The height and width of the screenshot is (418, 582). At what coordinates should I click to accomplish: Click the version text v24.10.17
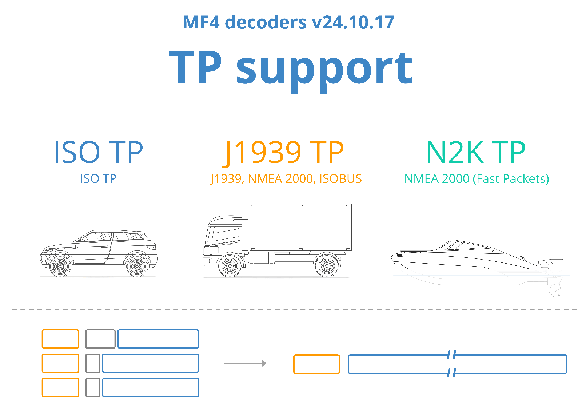353,22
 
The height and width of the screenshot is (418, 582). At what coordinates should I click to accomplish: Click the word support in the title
324,70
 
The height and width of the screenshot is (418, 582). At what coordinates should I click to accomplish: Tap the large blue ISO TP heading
99,152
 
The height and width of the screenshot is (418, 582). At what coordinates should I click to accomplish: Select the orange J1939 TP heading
283,153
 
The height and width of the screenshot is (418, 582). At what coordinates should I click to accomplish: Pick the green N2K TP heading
476,152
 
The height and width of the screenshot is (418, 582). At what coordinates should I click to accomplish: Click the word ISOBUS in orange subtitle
340,178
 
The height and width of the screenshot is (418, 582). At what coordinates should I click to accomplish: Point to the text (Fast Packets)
511,179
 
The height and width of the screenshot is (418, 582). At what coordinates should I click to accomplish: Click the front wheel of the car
60,266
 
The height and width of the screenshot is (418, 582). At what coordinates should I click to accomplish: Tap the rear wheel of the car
137,266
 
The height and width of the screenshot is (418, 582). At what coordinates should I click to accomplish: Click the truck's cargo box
300,228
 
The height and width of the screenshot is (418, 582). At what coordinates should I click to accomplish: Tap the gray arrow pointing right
245,363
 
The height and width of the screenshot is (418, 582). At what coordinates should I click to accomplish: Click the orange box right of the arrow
316,364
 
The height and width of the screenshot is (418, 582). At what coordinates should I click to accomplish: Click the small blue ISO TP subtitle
98,178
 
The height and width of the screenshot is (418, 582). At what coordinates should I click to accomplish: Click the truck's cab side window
226,234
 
